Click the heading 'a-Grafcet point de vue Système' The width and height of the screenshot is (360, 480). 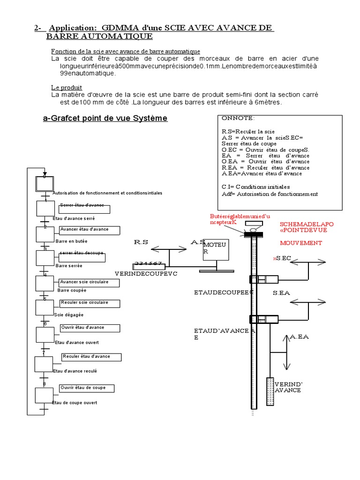click(x=105, y=119)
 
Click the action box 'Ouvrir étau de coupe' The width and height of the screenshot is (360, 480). click(x=89, y=389)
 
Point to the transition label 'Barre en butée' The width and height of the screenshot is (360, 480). click(x=71, y=240)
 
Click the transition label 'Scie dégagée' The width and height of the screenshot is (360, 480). click(x=68, y=315)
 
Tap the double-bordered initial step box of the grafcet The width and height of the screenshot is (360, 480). click(x=45, y=182)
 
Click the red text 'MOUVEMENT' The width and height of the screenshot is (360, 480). click(x=301, y=243)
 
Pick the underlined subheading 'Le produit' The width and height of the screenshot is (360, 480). click(x=67, y=88)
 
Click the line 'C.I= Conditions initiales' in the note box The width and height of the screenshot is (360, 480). click(x=256, y=187)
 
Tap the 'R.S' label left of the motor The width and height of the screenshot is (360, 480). click(x=141, y=242)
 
